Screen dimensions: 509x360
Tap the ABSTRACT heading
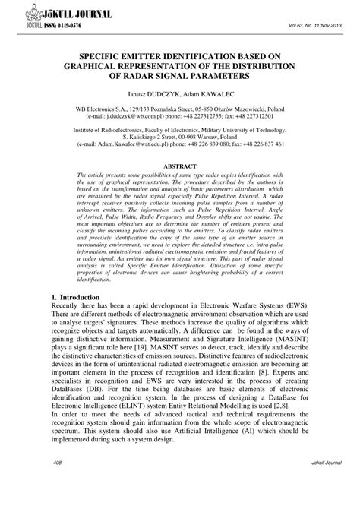pos(180,165)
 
